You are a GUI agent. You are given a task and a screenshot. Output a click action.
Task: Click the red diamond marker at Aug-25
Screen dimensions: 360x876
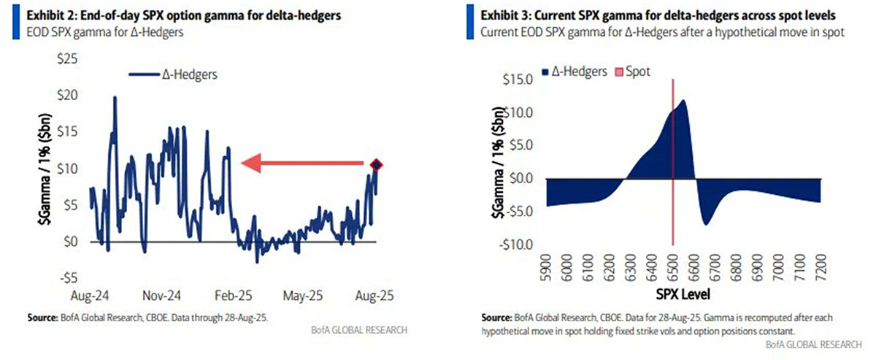click(x=376, y=165)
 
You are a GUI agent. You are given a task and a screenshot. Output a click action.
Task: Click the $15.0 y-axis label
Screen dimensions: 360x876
click(x=516, y=79)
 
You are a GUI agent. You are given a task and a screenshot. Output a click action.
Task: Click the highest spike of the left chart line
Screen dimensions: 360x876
click(x=115, y=97)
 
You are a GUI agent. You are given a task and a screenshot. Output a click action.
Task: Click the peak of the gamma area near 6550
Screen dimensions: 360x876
click(x=683, y=101)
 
